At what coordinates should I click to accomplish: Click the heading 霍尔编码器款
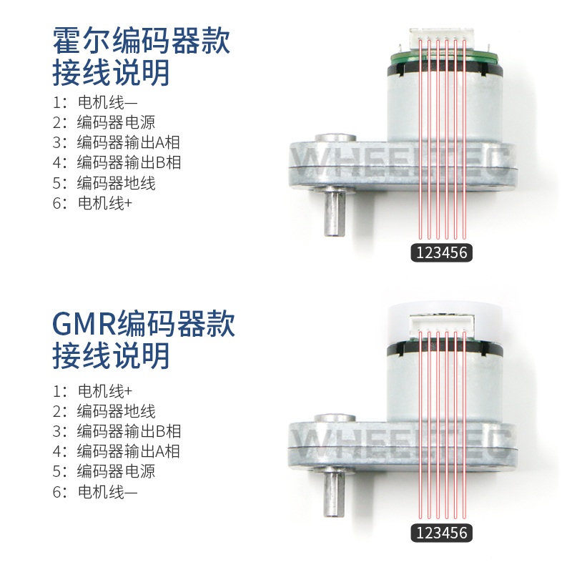point(142,41)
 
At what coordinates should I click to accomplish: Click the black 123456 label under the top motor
point(442,252)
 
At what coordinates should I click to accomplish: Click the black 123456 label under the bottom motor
point(442,533)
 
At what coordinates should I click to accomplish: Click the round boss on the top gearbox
point(337,137)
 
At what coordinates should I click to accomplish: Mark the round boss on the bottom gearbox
point(337,418)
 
